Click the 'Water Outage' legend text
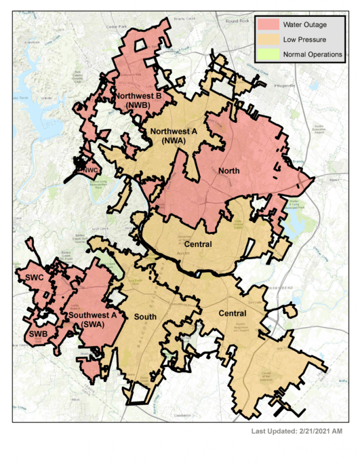(x=304, y=25)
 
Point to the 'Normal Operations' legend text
(x=312, y=55)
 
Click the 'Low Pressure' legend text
(x=304, y=40)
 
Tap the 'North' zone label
(x=229, y=171)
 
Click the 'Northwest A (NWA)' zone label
(x=174, y=136)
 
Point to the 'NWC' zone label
(x=89, y=170)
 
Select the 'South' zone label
(x=145, y=317)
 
